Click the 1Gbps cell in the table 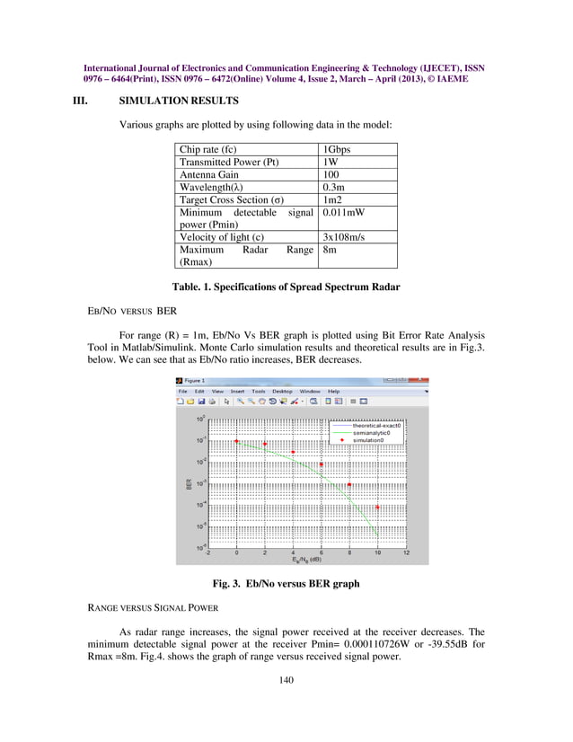click(x=337, y=149)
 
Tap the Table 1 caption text click(x=286, y=287)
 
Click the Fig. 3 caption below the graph click(x=286, y=583)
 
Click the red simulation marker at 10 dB click(x=378, y=508)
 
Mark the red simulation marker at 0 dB click(x=236, y=441)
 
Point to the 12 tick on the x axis click(x=406, y=553)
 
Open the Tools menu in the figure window click(x=258, y=392)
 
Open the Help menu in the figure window click(x=333, y=392)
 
